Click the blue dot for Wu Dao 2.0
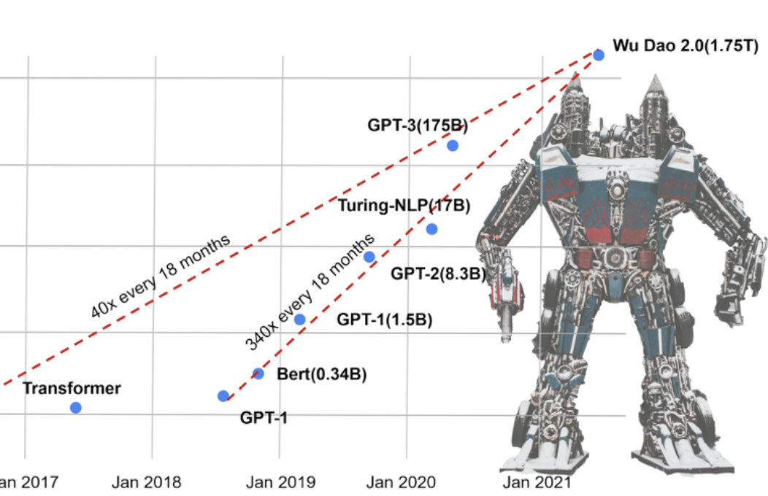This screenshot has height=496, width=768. click(x=599, y=55)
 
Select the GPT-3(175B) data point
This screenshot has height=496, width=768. click(x=453, y=145)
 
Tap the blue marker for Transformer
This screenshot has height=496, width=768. click(x=75, y=407)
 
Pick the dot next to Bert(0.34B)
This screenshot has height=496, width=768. click(x=258, y=373)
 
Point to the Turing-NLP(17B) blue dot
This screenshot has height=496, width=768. click(x=431, y=229)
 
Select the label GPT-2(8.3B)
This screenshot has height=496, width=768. click(x=439, y=274)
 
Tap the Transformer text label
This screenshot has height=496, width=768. click(x=72, y=388)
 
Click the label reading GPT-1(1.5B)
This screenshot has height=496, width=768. click(x=384, y=319)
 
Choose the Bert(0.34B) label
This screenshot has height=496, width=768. click(x=321, y=375)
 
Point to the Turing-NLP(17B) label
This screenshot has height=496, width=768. click(x=404, y=206)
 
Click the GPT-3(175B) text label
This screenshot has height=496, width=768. click(x=418, y=125)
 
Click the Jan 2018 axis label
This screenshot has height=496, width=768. click(x=147, y=482)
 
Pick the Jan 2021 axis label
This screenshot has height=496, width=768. click(x=531, y=482)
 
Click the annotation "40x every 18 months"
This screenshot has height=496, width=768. click(x=161, y=275)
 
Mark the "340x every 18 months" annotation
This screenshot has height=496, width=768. click(x=311, y=290)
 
